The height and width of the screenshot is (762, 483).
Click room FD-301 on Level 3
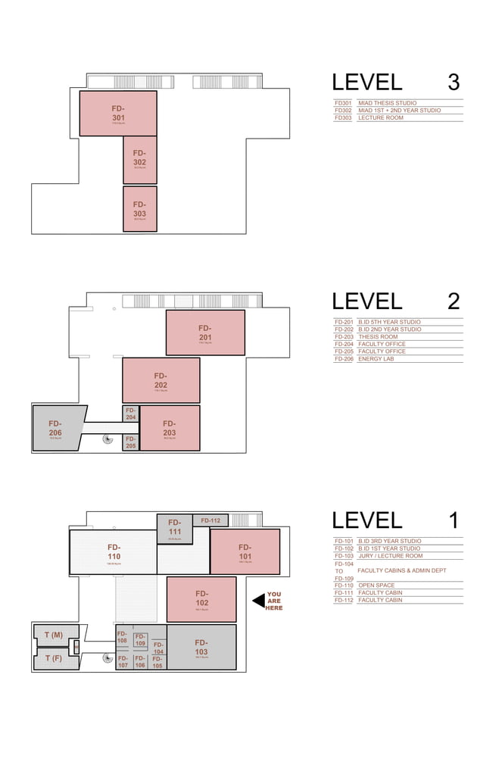tap(118, 114)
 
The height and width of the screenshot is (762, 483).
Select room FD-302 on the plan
tap(139, 159)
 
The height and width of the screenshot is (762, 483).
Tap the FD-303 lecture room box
tap(139, 209)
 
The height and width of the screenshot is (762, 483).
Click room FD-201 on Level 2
tap(205, 333)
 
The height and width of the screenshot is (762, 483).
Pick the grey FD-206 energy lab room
tap(55, 429)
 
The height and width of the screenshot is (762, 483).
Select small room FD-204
tap(130, 414)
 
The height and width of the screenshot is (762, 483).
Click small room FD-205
tap(130, 442)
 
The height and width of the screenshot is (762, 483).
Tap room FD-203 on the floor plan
tap(170, 429)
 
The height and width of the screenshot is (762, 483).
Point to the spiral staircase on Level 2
tap(108, 439)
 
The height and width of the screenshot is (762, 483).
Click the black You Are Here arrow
tap(258, 600)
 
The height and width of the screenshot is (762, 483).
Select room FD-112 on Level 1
tap(210, 520)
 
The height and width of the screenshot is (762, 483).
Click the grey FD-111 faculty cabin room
tap(175, 528)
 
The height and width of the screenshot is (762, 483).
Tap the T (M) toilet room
tap(53, 635)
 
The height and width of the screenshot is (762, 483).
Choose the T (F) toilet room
tap(53, 659)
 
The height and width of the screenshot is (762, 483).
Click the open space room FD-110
tap(114, 551)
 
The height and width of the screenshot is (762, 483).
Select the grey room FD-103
tap(201, 647)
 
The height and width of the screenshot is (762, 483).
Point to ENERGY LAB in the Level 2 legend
tap(375, 359)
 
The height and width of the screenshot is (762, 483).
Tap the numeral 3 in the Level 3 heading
tap(453, 83)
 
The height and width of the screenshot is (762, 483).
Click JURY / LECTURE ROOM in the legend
tap(390, 556)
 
